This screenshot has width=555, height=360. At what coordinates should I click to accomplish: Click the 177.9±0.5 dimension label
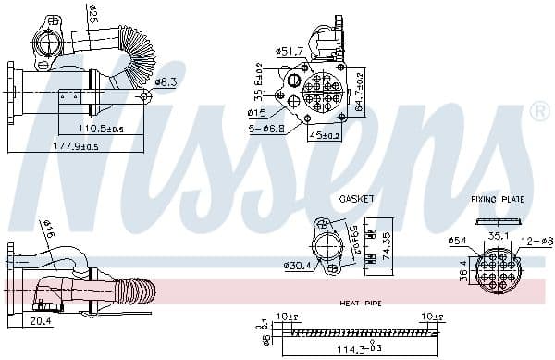pyautogui.click(x=75, y=146)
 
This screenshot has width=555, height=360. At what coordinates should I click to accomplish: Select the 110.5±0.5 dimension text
pyautogui.click(x=103, y=129)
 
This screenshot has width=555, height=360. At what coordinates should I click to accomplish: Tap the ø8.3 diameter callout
pyautogui.click(x=166, y=82)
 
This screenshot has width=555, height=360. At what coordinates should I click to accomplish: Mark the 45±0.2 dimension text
pyautogui.click(x=325, y=135)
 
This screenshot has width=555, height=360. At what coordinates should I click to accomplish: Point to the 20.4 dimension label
pyautogui.click(x=41, y=321)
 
